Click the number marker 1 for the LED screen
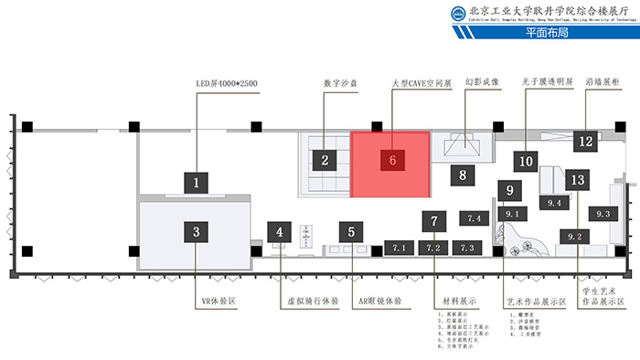196,182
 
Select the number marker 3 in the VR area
196,232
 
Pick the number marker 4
281,232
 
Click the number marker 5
351,232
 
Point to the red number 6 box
392,160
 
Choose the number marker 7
434,221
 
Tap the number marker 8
464,174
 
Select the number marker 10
526,161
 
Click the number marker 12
586,142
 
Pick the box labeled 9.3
603,214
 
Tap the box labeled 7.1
399,248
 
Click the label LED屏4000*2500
227,84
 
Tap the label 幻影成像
482,81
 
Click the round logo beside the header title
457,14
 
